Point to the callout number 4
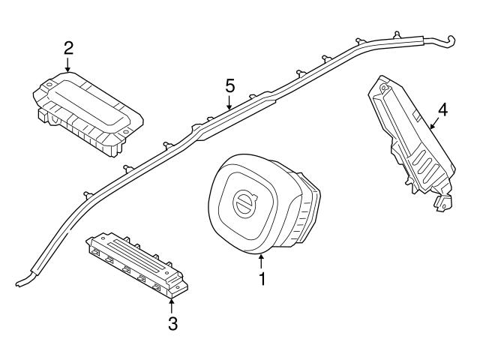pos(442,110)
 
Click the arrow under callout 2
pos(68,65)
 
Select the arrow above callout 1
pos(262,262)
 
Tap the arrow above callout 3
pos(172,306)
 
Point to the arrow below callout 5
pos(230,103)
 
